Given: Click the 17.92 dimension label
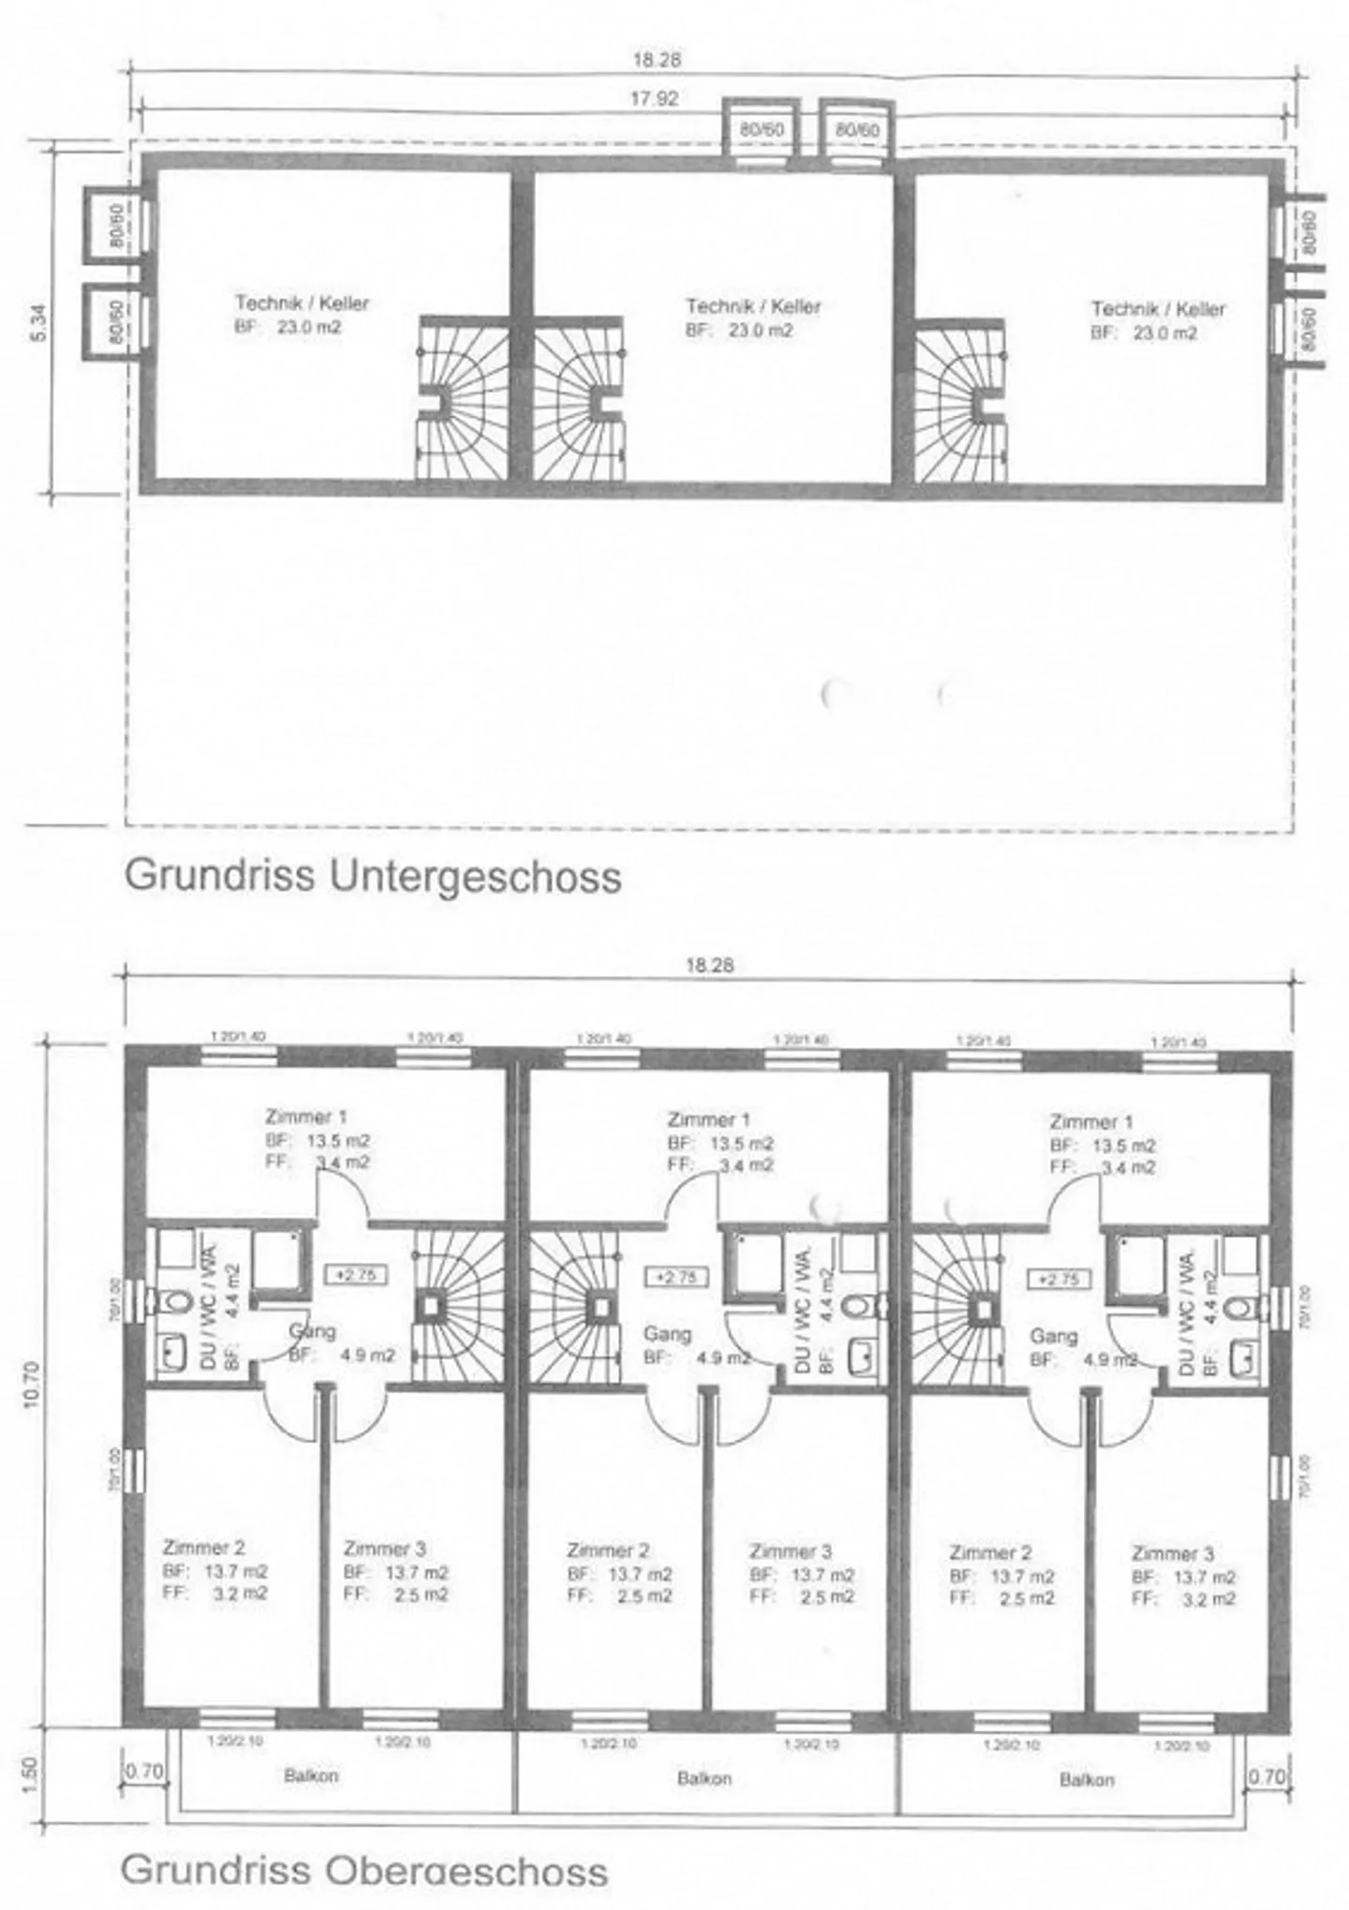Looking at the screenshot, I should (x=654, y=98).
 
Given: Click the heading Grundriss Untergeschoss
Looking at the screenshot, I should (x=373, y=877).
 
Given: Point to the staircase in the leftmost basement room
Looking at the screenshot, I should (x=462, y=399).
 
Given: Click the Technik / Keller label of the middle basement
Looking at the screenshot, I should (x=752, y=306).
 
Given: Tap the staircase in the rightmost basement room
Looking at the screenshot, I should (x=961, y=402).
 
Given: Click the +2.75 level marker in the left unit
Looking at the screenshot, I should (x=355, y=1275).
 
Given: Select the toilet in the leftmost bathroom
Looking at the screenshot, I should (x=175, y=1301).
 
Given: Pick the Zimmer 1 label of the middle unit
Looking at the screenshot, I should (x=708, y=1119).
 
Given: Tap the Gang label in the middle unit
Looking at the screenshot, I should (x=666, y=1333).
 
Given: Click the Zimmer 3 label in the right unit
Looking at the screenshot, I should (x=1172, y=1553).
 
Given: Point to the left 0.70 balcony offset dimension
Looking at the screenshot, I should (x=143, y=1771).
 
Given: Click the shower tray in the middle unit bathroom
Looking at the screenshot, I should (x=756, y=1259).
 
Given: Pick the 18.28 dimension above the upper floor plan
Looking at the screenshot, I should (x=709, y=965).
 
